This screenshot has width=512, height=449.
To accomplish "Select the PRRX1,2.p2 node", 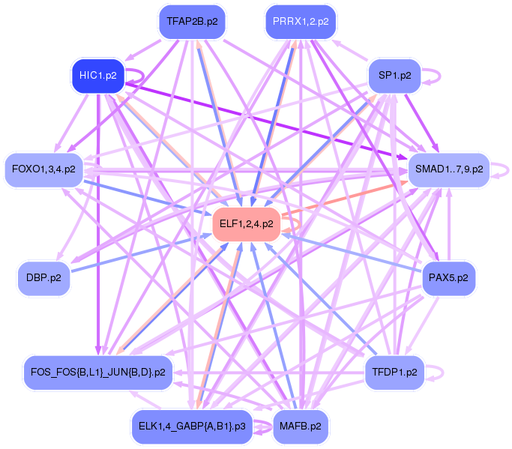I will pyautogui.click(x=301, y=22).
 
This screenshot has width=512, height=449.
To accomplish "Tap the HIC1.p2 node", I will pyautogui.click(x=97, y=75).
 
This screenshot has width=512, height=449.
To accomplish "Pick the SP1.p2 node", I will pyautogui.click(x=394, y=75).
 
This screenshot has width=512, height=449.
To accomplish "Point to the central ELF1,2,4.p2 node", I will pyautogui.click(x=246, y=223).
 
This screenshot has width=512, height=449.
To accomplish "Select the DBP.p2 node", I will pyautogui.click(x=43, y=277).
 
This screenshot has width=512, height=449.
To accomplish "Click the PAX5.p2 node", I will pyautogui.click(x=448, y=277).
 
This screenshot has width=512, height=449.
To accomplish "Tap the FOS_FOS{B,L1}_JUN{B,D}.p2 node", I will pyautogui.click(x=98, y=371).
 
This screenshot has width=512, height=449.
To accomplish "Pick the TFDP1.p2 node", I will pyautogui.click(x=394, y=371).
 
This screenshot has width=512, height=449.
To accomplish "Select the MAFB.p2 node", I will pyautogui.click(x=300, y=426).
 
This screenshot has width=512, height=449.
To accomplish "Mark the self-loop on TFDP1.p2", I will pyautogui.click(x=445, y=371).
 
